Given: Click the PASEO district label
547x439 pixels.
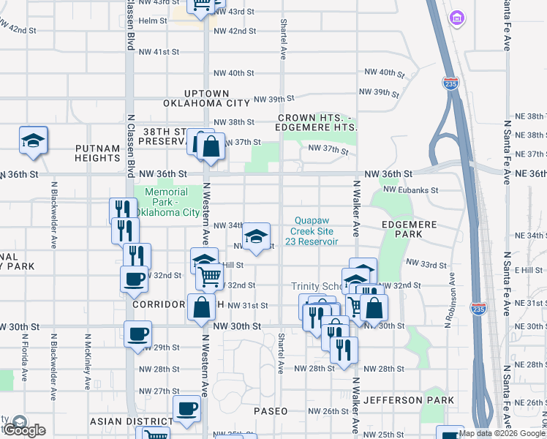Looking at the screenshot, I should coord(271,411).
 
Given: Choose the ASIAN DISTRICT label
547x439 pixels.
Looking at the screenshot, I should coord(130,421).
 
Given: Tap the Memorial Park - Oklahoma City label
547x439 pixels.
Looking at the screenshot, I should coord(172,203).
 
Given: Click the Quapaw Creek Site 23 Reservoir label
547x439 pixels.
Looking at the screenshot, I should coord(317,230).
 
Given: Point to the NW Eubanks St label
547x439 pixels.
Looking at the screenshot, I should coord(411,190).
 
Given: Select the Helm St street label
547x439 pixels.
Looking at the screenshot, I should coord(153,21).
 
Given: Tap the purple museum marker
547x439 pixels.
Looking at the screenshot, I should coord(458,17).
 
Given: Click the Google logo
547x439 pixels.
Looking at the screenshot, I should coord(24,429).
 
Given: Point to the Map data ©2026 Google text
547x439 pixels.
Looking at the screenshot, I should coord(502,433).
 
